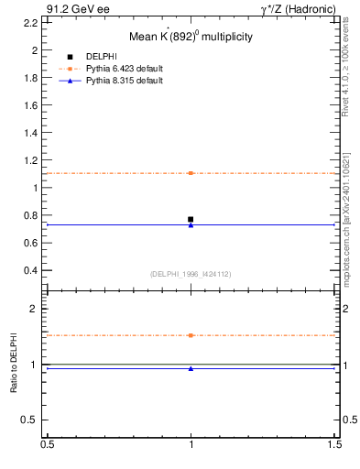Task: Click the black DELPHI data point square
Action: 191,219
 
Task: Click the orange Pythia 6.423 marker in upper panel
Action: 191,173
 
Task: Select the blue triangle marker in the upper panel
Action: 191,224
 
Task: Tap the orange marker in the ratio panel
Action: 191,335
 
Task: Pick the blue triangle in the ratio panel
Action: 191,368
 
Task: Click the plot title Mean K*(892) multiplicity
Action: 190,37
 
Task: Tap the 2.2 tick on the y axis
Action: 31,22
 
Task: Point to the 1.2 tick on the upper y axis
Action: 31,160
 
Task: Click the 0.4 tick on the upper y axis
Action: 31,271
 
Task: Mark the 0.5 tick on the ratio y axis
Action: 31,420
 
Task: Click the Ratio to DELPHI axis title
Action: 14,364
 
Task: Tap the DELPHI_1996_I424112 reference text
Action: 190,273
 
